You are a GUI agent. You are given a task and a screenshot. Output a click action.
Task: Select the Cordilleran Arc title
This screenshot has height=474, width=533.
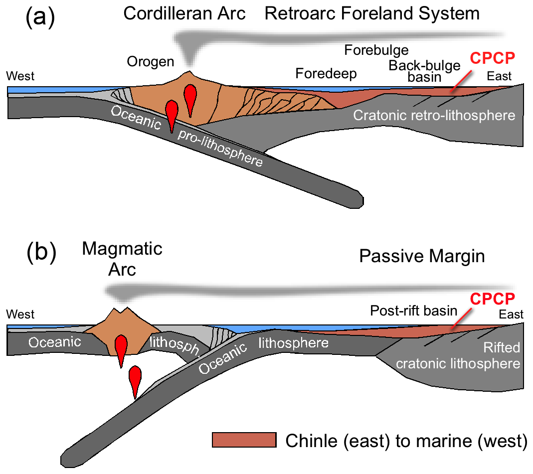pyautogui.click(x=184, y=13)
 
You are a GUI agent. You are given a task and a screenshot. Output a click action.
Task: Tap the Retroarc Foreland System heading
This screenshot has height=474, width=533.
pyautogui.click(x=372, y=13)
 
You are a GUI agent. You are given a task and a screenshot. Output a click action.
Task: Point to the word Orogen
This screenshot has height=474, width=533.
pyautogui.click(x=150, y=62)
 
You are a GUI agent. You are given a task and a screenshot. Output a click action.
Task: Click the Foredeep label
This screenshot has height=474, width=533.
pyautogui.click(x=326, y=74)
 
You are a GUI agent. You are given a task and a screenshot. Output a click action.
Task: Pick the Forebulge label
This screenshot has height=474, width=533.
pyautogui.click(x=376, y=50)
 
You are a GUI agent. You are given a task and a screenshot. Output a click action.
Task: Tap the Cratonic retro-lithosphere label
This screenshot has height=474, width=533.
pyautogui.click(x=434, y=116)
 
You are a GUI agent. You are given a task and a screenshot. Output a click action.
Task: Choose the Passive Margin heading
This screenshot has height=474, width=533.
pyautogui.click(x=422, y=256)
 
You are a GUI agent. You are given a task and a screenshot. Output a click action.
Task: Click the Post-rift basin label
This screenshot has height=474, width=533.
pyautogui.click(x=413, y=311)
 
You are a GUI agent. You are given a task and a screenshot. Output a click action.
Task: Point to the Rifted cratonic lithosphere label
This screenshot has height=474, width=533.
pyautogui.click(x=458, y=355)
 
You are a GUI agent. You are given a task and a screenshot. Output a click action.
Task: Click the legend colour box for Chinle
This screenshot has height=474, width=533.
pyautogui.click(x=244, y=440)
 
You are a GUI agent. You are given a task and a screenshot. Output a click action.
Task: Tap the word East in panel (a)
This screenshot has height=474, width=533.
pyautogui.click(x=500, y=76)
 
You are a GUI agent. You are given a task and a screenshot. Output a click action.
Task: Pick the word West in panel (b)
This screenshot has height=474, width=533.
pyautogui.click(x=20, y=315)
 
